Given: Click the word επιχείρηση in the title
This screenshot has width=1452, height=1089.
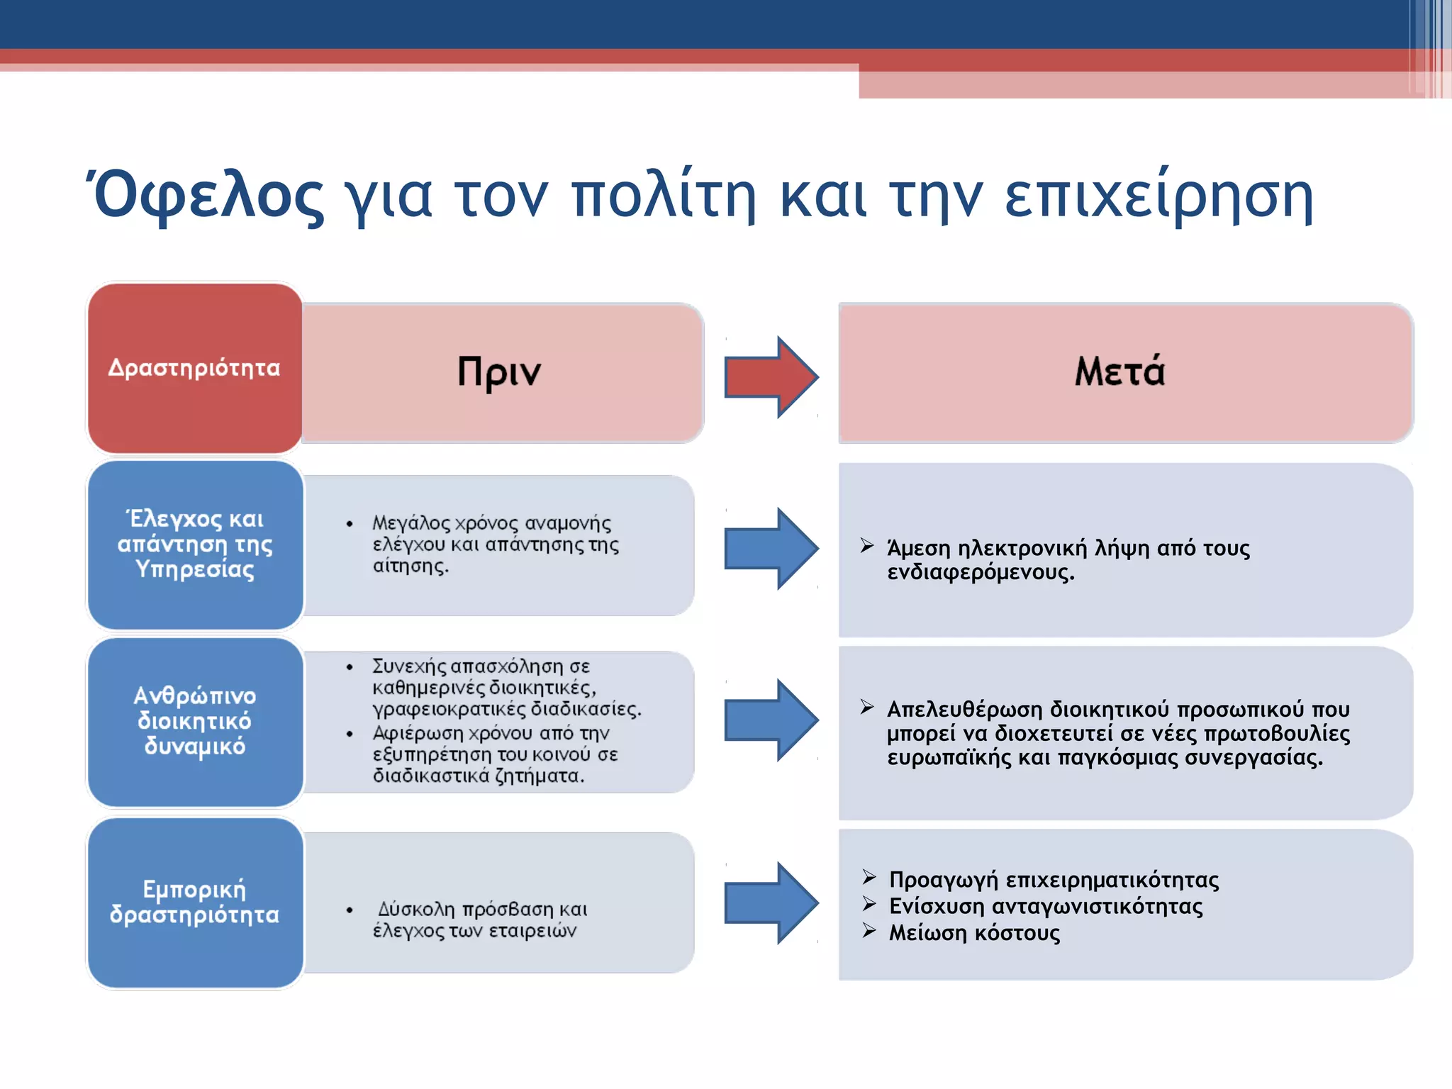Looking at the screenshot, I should coord(1159,197).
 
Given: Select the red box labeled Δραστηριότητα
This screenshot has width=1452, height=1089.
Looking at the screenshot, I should coord(194,368).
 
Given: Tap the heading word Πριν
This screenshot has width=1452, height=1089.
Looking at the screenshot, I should coord(499,372).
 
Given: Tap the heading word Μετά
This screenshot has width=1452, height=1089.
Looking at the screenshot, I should coord(1119,371).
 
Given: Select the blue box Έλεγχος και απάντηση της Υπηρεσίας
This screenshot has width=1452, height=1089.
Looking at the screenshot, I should coord(194,544).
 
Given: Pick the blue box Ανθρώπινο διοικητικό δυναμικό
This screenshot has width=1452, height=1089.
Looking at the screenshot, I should coord(194,720).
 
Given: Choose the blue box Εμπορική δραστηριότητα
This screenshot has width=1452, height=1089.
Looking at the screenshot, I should coord(194,901).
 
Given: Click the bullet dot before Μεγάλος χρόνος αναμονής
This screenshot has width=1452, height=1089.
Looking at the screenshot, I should coord(350,525).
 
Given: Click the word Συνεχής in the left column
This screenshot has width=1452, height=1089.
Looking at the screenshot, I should coord(409,666).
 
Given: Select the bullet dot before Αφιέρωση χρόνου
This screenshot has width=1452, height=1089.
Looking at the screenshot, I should coord(350,734).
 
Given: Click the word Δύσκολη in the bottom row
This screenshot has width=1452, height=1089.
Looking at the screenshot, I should coord(416,909).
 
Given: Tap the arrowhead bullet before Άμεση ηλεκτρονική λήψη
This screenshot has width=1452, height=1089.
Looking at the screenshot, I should coord(866,545).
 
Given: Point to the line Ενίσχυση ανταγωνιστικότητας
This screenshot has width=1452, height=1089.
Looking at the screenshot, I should coord(1046,906).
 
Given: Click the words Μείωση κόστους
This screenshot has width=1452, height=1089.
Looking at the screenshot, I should coord(974,933).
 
